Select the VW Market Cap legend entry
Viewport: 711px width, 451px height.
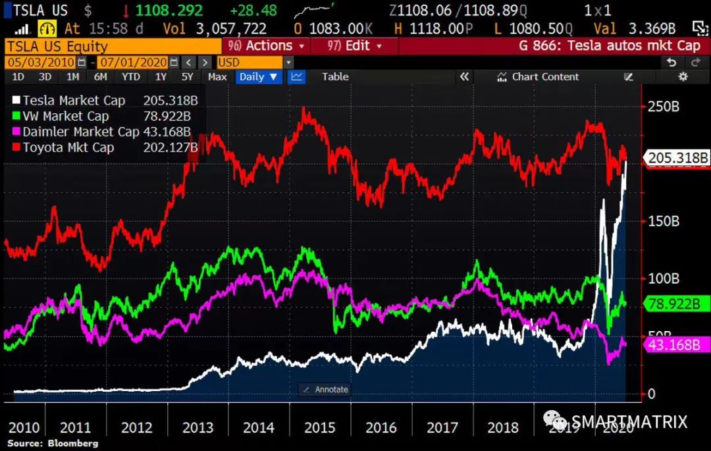66,116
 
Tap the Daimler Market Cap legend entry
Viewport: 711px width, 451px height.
81,132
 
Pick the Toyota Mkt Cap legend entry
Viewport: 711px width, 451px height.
68,147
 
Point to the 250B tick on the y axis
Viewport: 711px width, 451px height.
664,107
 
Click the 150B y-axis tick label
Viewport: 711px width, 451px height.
664,221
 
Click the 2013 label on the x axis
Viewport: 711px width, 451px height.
197,427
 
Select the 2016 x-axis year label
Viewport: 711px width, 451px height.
381,427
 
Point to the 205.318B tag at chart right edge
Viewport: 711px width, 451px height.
678,158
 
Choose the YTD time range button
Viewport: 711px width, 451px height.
131,76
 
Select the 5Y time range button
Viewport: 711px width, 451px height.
188,76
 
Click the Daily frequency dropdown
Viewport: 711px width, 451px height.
259,76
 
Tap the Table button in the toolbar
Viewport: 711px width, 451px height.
335,76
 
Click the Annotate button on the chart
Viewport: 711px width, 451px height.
325,389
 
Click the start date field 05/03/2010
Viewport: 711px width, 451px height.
41,62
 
